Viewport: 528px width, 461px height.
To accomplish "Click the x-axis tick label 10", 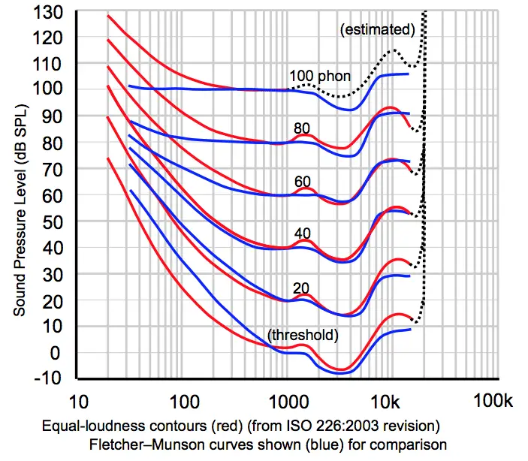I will coord(81,401).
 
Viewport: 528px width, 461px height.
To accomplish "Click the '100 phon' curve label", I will coord(320,77).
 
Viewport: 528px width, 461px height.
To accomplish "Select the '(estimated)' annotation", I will coord(378,30).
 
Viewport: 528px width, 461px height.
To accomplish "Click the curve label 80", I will coord(302,129).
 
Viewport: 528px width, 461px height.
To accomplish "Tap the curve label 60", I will coord(302,181).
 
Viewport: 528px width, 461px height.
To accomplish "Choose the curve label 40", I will coord(302,234).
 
